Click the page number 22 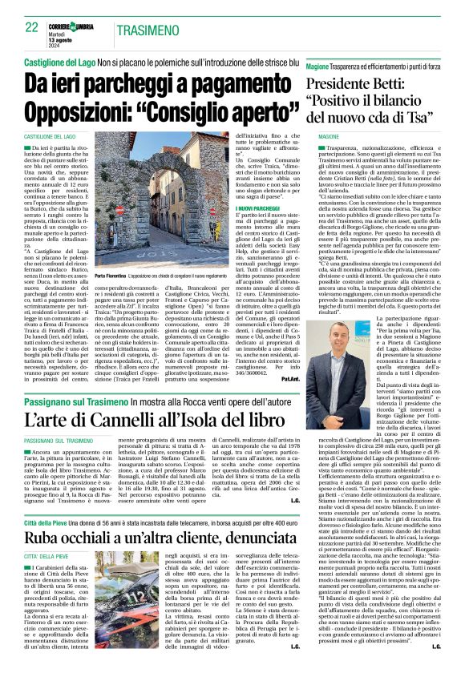pos(32,27)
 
